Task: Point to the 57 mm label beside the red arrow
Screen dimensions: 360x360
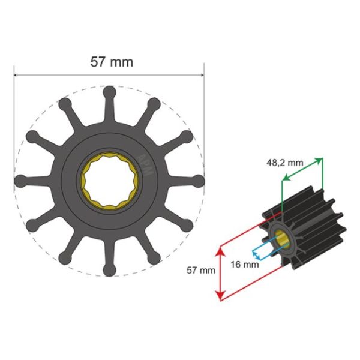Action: click(201, 271)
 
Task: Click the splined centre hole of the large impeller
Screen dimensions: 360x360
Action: click(109, 181)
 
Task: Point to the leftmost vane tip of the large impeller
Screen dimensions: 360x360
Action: click(20, 181)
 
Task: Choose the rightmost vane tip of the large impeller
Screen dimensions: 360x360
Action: click(198, 181)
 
